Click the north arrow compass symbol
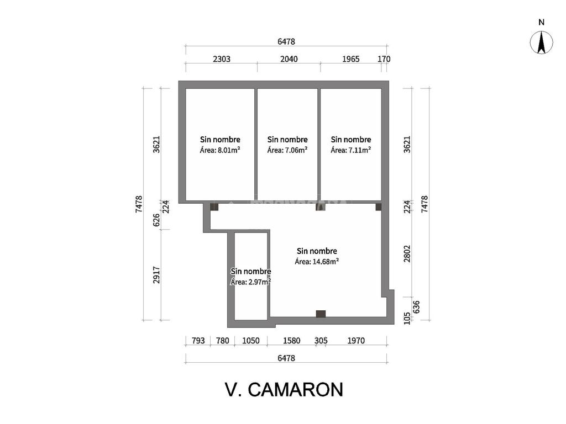(542, 43)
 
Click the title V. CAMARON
(284, 389)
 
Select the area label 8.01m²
(220, 150)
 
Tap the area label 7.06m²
(287, 150)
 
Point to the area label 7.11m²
(351, 150)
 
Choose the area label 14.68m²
(317, 261)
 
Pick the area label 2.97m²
(250, 282)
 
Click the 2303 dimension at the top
(221, 59)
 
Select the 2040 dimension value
(289, 59)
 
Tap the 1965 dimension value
(350, 59)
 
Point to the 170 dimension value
(384, 59)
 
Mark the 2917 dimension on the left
(156, 275)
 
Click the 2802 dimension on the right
(407, 255)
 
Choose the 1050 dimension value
(251, 341)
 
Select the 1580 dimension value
(291, 341)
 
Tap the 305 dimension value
(321, 341)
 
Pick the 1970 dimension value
(356, 341)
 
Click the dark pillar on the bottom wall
(321, 314)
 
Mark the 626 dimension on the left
(156, 220)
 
